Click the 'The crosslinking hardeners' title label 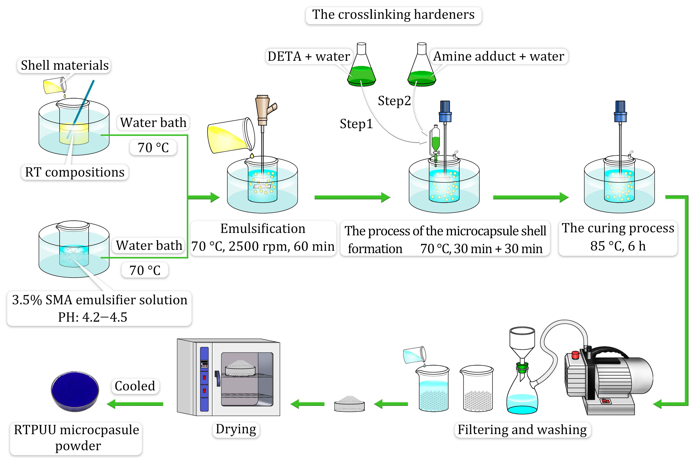pyautogui.click(x=393, y=15)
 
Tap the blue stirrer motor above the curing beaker pyautogui.click(x=620, y=112)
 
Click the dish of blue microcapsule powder pyautogui.click(x=75, y=391)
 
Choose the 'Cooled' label pyautogui.click(x=135, y=386)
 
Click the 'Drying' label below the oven pyautogui.click(x=236, y=429)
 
